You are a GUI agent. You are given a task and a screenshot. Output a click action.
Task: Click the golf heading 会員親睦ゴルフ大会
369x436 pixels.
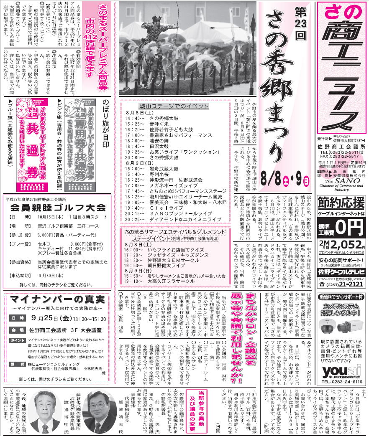(x=58, y=208)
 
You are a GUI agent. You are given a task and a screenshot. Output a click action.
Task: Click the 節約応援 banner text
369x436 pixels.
(x=341, y=204)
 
